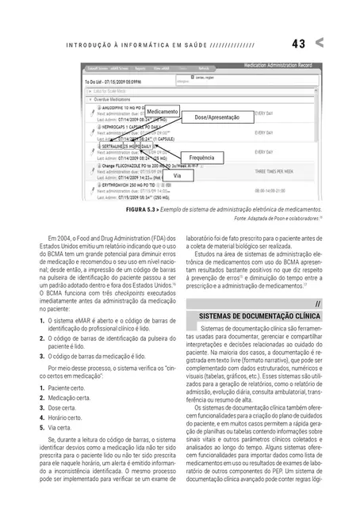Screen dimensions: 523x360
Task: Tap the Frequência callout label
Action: pyautogui.click(x=202, y=158)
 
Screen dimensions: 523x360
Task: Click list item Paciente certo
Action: pyautogui.click(x=67, y=389)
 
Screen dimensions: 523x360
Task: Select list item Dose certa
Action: pyautogui.click(x=64, y=408)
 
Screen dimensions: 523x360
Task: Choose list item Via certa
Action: pyautogui.click(x=63, y=427)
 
